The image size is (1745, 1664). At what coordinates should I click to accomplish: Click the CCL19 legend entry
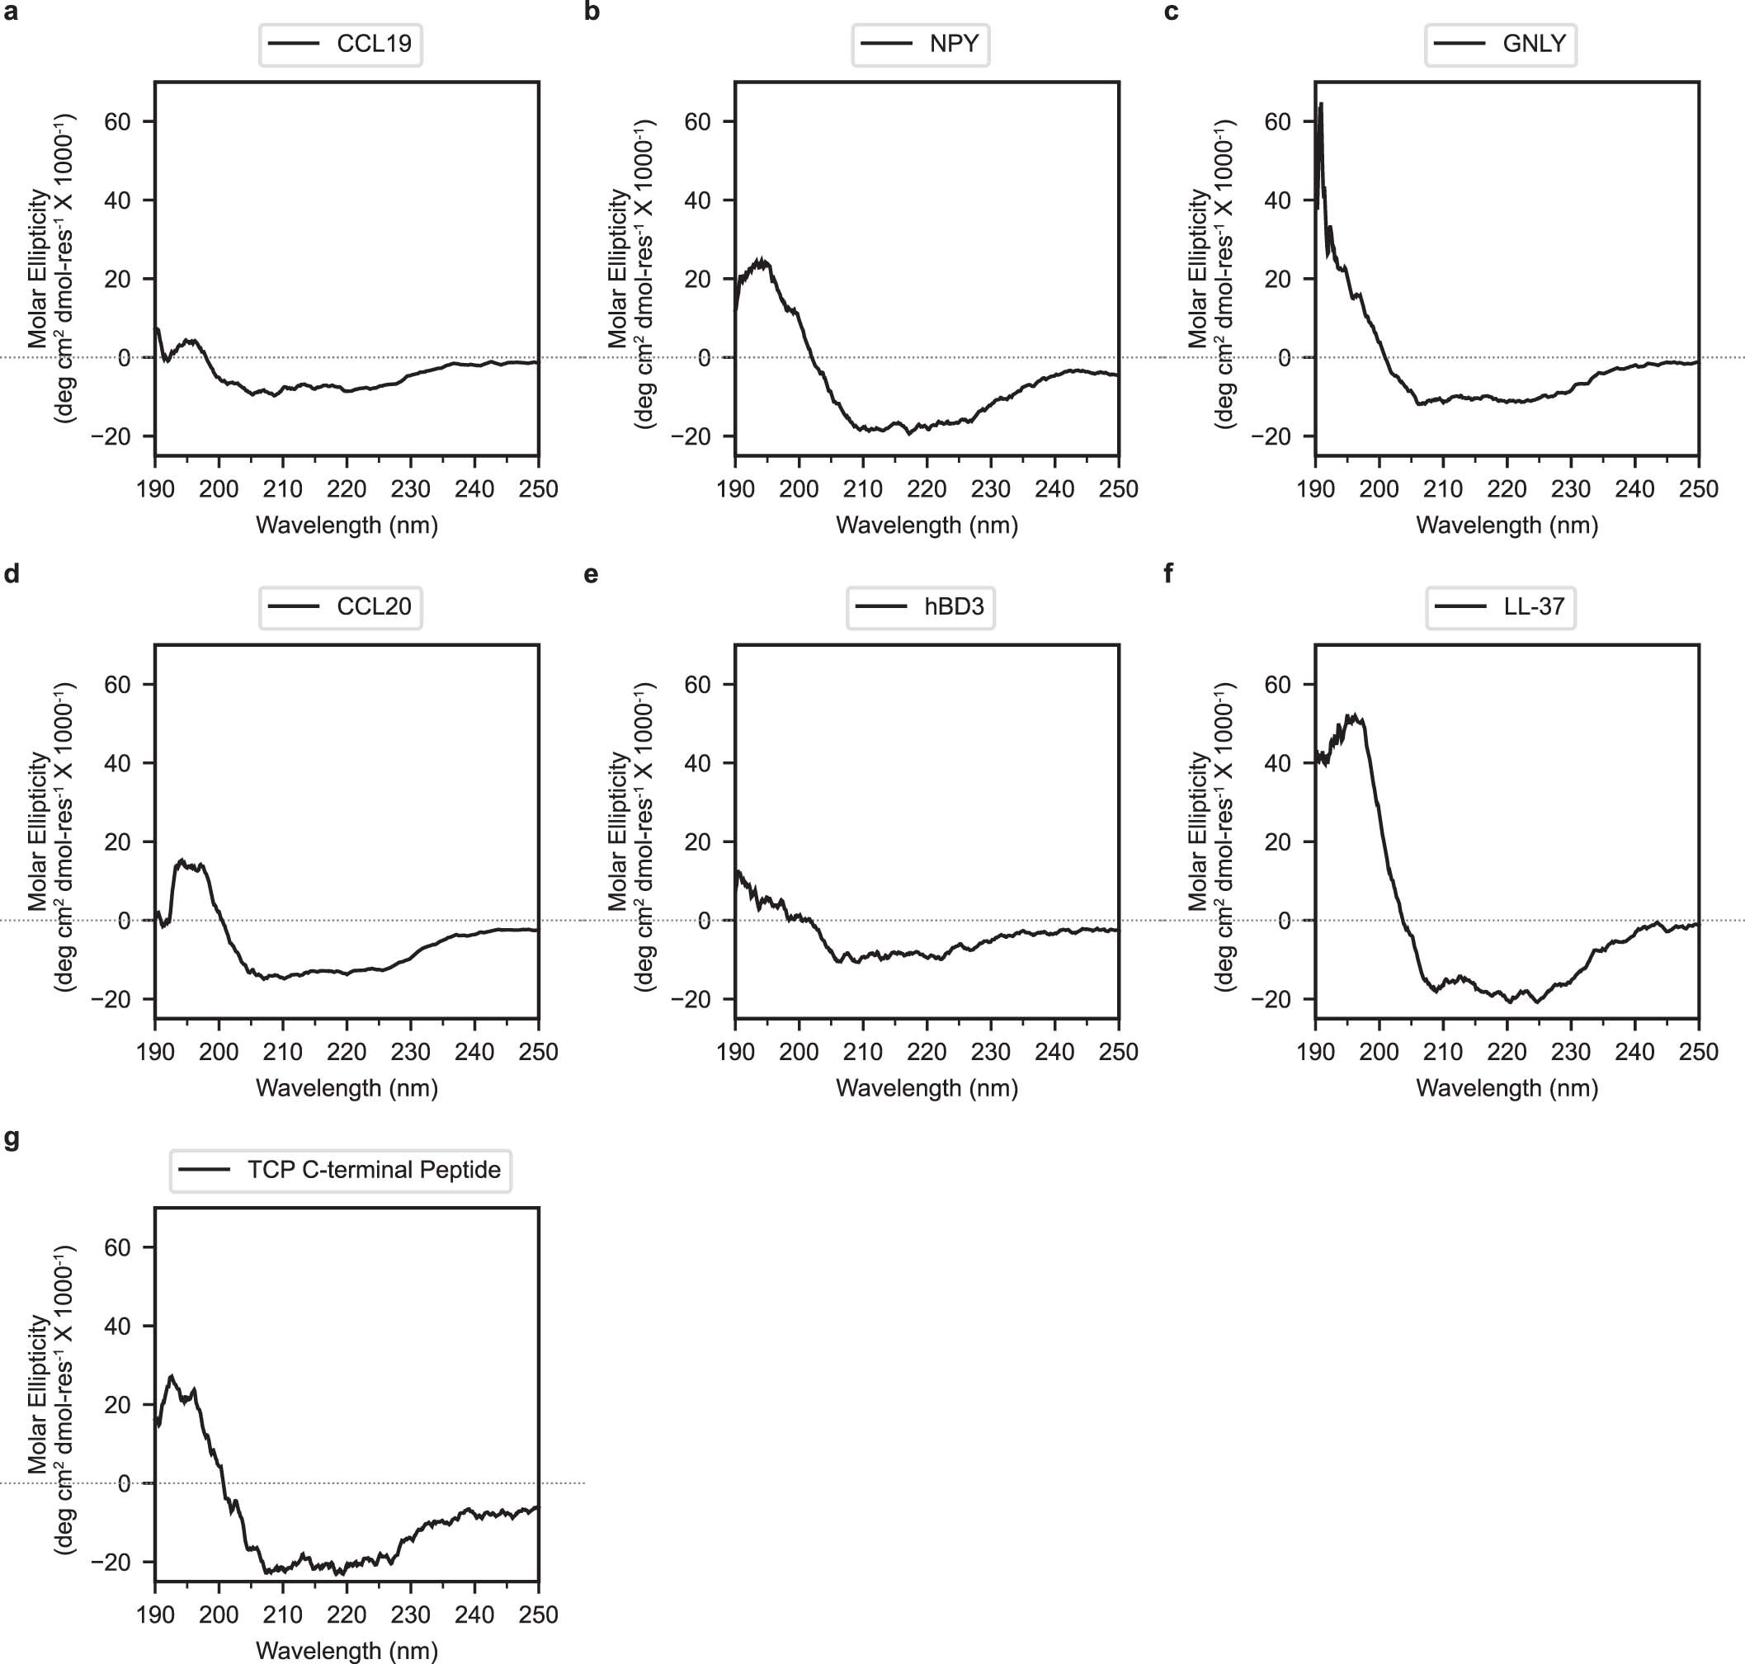374,44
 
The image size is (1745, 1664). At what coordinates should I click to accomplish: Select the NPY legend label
954,44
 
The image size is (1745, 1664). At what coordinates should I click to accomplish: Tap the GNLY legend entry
1534,44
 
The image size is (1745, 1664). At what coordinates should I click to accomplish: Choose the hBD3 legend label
954,606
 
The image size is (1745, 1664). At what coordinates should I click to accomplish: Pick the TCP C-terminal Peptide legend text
374,1170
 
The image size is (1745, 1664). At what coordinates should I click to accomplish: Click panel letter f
1167,574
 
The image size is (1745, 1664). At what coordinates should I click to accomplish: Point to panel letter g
12,1138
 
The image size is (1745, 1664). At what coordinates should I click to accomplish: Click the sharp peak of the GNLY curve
1321,105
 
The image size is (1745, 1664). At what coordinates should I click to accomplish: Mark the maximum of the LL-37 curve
1353,714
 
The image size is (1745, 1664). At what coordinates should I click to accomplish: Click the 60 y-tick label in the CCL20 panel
117,684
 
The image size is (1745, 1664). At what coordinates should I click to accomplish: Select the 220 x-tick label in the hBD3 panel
927,1052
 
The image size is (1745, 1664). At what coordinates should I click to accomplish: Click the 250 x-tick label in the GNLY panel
1698,488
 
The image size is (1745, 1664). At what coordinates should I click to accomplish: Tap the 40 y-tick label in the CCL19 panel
117,200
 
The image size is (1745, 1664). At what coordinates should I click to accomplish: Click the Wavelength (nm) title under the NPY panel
927,525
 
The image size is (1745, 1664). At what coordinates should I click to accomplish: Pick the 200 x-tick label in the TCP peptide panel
219,1615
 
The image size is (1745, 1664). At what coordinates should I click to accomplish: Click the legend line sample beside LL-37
1460,606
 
